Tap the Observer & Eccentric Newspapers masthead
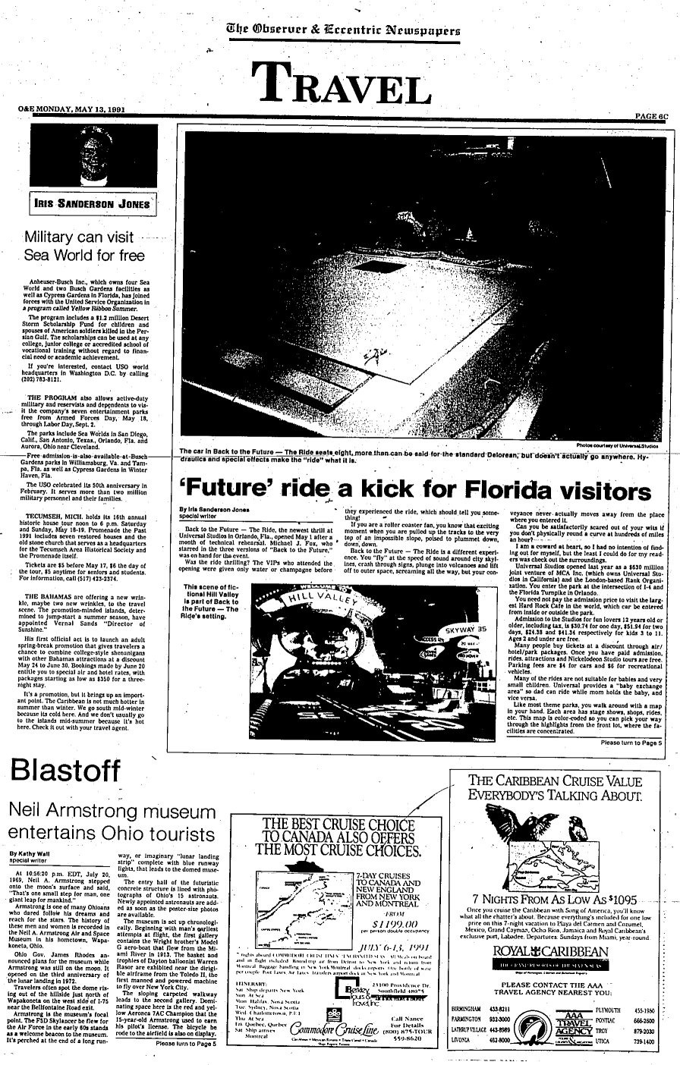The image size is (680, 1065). coord(338,30)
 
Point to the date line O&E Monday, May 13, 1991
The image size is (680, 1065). coord(71,110)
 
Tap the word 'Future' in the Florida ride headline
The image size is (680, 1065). coord(219,485)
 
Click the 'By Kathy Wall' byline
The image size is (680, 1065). coord(31,853)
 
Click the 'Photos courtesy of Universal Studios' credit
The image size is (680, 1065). coord(617,446)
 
